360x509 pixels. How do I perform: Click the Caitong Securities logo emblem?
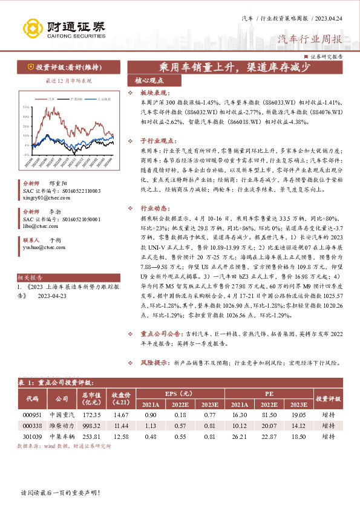click(x=33, y=28)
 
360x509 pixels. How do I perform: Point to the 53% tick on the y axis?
click(x=26, y=107)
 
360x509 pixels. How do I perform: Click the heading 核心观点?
click(x=149, y=80)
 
